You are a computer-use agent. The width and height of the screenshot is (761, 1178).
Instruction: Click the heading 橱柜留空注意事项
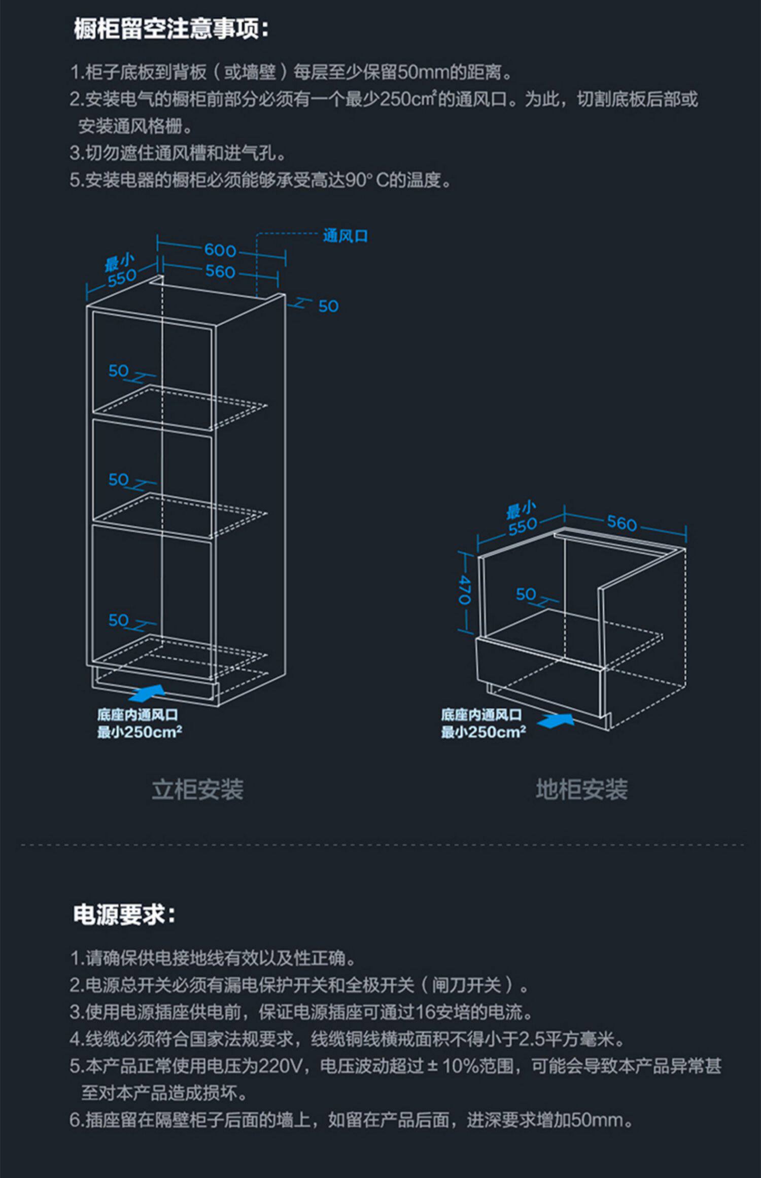(171, 29)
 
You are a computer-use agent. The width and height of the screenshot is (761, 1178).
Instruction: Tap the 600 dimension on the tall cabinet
(220, 250)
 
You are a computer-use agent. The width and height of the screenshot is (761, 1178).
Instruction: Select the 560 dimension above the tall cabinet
(220, 272)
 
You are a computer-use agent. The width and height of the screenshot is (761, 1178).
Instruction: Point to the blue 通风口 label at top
(345, 236)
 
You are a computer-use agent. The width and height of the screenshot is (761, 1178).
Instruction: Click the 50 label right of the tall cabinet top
(328, 306)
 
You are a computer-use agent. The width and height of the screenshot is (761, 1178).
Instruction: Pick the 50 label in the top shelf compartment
(119, 371)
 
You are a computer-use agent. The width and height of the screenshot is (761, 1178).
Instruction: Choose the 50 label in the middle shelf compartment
(119, 479)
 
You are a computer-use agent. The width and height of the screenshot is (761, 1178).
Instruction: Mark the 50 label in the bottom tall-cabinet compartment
(119, 620)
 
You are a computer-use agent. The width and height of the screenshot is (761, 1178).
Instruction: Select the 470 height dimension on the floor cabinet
(464, 590)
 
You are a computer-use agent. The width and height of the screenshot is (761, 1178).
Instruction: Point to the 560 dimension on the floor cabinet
(622, 523)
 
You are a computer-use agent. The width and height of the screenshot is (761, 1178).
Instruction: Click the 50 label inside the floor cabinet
(526, 594)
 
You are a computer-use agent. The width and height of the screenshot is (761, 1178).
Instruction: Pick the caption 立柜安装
(198, 789)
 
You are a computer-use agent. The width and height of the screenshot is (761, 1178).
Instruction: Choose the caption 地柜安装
(581, 789)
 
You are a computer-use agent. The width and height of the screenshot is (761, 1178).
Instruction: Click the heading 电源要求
(124, 915)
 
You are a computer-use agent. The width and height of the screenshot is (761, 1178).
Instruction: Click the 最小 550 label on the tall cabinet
(121, 270)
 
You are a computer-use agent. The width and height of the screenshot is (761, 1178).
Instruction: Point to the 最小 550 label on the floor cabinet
(522, 519)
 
